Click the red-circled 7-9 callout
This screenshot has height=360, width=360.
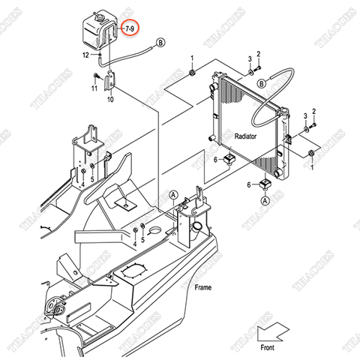tap(130, 28)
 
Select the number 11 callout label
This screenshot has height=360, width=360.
tap(94, 88)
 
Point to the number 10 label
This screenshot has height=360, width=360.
tap(110, 98)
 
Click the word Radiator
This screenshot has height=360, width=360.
tap(245, 137)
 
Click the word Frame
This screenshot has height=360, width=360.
tap(202, 287)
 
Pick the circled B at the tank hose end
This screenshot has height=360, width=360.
tap(160, 45)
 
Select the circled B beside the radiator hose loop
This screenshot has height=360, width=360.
tap(261, 82)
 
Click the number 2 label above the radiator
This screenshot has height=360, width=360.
tap(258, 53)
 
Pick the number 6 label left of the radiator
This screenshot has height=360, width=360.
tap(216, 159)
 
